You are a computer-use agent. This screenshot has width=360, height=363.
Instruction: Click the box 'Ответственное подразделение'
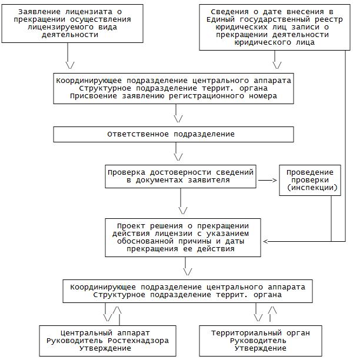click(x=174, y=134)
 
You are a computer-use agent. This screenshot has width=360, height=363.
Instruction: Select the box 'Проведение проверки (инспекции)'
click(x=310, y=181)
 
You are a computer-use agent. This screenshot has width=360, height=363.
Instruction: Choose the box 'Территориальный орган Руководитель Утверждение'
click(x=261, y=341)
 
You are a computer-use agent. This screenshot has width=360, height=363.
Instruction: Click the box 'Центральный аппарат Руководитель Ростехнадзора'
click(x=107, y=341)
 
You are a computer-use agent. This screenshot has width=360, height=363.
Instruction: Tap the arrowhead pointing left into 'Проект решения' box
click(x=266, y=241)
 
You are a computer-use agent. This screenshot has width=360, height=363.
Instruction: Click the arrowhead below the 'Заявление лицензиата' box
click(x=70, y=64)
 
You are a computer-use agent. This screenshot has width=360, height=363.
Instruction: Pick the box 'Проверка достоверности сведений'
click(x=181, y=176)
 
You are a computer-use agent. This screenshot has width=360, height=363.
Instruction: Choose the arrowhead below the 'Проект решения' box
click(x=188, y=271)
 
